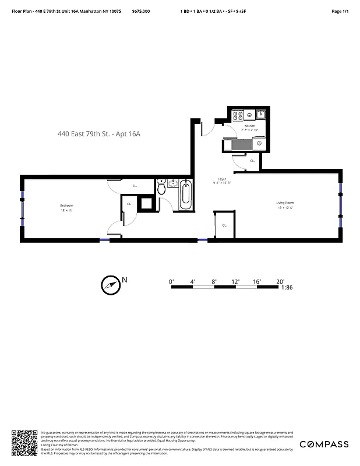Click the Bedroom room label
click(66, 206)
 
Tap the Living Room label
click(284, 203)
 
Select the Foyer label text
click(222, 179)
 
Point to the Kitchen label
click(250, 126)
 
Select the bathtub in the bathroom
click(185, 195)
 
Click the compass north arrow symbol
click(110, 284)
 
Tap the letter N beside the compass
click(124, 280)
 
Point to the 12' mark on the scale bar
click(236, 281)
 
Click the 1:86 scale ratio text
click(287, 287)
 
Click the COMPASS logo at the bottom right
click(324, 444)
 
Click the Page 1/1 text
click(340, 11)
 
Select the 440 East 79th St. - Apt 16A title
click(99, 134)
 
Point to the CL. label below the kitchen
click(252, 160)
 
